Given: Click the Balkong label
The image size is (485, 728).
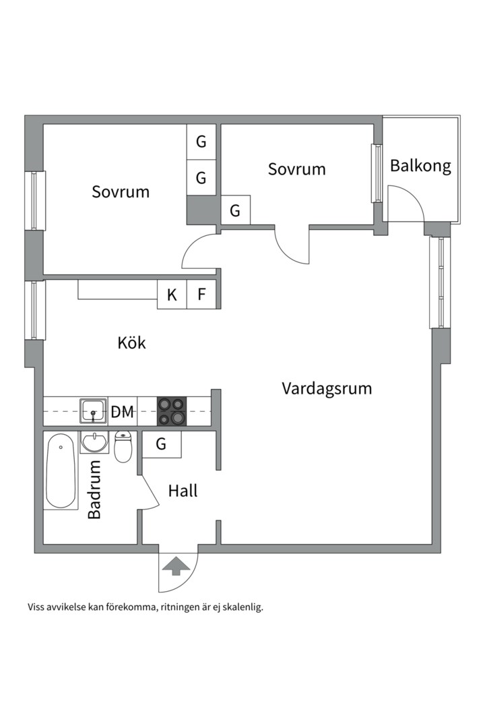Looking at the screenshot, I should [x=420, y=166].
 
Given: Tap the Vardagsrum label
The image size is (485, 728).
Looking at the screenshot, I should [x=327, y=388].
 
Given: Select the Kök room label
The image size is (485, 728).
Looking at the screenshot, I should [x=131, y=342].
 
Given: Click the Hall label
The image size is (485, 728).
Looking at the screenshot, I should [x=183, y=491].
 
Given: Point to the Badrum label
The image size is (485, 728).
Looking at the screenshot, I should [x=94, y=489].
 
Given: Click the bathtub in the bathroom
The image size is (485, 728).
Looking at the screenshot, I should [x=61, y=471].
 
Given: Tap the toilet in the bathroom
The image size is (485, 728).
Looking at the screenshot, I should [x=123, y=448].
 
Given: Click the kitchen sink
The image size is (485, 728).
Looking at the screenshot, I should [x=93, y=411].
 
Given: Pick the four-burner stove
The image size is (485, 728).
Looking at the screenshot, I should [x=171, y=411].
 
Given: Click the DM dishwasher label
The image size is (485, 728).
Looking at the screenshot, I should [x=122, y=412].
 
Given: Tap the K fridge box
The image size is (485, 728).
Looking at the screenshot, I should [x=172, y=295].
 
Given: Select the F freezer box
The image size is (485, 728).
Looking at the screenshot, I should [x=201, y=295].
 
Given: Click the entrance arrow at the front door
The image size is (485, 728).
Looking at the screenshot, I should [x=176, y=566].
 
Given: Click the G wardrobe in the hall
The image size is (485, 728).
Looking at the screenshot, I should [x=162, y=444].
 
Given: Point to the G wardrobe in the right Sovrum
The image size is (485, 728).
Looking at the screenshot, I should [x=235, y=210].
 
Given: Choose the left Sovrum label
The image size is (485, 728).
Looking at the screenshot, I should [x=121, y=191].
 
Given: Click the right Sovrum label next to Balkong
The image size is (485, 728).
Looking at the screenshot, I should [x=296, y=169].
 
